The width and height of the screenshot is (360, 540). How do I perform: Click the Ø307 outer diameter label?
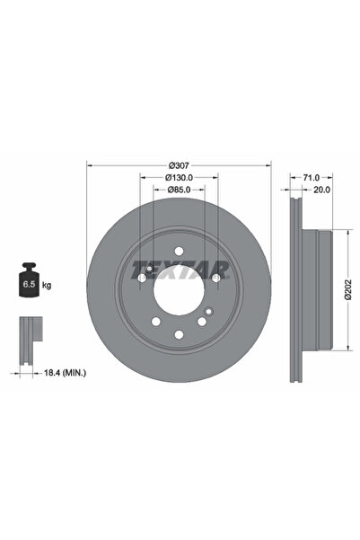coord(178,165)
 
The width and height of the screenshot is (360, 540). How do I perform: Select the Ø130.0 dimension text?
coord(178,178)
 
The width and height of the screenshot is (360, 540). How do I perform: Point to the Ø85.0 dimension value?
coord(178,190)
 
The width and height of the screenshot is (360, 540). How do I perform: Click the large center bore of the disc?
coord(178,292)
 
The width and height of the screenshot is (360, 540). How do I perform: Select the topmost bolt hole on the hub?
coord(178,252)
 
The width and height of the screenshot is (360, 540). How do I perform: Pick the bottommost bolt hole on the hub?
coord(178,334)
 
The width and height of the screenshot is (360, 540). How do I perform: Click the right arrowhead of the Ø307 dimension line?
coord(268,165)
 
